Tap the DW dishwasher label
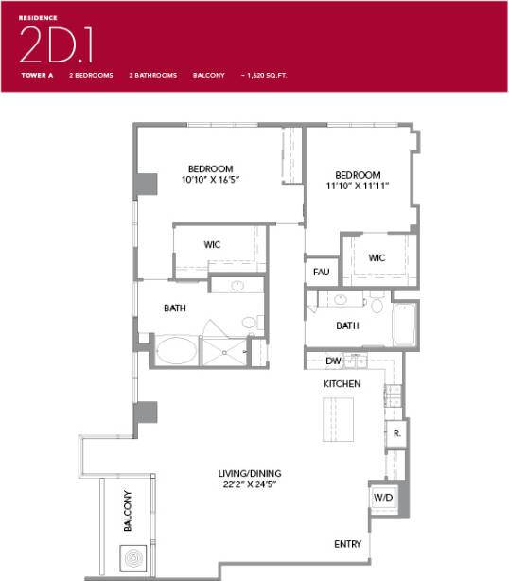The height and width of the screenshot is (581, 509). [333, 361]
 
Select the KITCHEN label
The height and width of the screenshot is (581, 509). [342, 384]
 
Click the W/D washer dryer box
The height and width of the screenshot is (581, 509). [383, 496]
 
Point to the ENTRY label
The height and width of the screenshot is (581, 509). [347, 544]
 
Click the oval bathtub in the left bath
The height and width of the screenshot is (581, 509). [177, 352]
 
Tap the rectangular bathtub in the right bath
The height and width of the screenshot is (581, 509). [405, 325]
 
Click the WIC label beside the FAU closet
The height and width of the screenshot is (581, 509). [377, 258]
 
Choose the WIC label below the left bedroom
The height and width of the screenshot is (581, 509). [212, 245]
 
